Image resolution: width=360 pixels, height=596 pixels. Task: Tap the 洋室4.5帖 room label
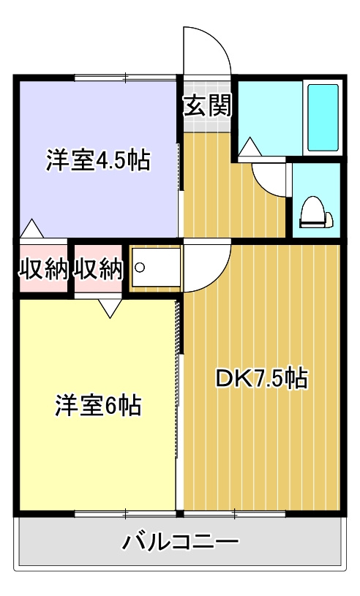[98, 160]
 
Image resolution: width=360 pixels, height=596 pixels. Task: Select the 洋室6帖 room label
[98, 404]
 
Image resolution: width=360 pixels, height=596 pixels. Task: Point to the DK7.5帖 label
[260, 378]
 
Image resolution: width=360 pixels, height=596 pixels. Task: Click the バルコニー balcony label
[180, 543]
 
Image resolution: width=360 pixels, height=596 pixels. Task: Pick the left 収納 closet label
[43, 270]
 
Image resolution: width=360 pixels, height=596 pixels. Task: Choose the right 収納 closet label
[98, 270]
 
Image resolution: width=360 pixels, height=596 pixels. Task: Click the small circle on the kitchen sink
[140, 268]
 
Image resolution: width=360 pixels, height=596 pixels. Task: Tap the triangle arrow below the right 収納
[110, 308]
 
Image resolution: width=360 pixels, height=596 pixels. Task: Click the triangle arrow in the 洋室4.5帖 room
[32, 229]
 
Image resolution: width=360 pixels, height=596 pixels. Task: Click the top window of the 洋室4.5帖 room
[125, 77]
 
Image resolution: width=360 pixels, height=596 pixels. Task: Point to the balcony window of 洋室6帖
[125, 513]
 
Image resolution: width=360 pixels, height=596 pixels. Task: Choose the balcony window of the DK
[234, 513]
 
